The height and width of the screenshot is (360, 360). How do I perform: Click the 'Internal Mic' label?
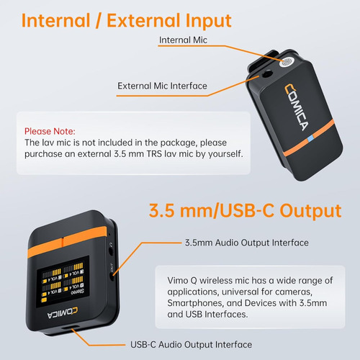click(x=183, y=40)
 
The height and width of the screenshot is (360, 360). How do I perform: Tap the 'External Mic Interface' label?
click(x=162, y=86)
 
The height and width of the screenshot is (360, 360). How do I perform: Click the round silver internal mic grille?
click(x=287, y=63)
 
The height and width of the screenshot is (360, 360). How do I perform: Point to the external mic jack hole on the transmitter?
click(x=267, y=73)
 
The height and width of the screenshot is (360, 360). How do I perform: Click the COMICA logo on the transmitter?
click(x=297, y=107)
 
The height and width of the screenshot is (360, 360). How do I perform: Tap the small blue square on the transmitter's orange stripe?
click(x=310, y=138)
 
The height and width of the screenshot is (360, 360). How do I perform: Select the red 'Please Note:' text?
click(x=50, y=131)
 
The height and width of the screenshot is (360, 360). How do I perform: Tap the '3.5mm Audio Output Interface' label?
click(x=247, y=243)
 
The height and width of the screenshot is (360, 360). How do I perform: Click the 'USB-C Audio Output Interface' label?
click(x=191, y=345)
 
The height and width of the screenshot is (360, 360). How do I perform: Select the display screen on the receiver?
click(x=63, y=282)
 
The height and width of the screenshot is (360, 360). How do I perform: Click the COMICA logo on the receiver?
click(x=63, y=312)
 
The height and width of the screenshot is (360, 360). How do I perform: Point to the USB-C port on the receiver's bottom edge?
click(x=70, y=328)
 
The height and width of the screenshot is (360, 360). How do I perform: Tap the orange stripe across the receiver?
click(x=67, y=242)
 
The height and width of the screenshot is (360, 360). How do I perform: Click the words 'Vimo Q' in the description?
click(x=182, y=280)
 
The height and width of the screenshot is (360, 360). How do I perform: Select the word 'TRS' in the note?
click(x=154, y=153)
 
